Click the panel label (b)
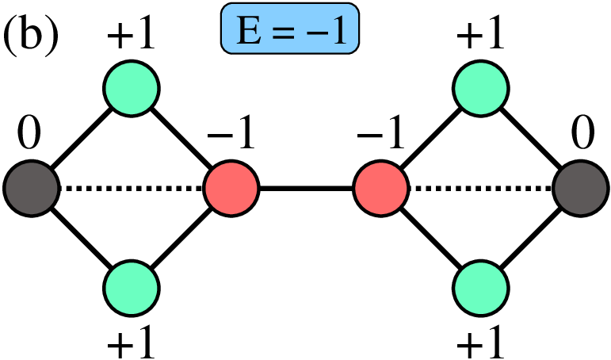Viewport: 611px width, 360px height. [31, 36]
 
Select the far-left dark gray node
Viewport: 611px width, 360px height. [31, 190]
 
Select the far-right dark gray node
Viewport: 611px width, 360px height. [579, 190]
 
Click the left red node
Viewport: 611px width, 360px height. [231, 190]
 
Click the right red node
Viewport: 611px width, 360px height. [380, 190]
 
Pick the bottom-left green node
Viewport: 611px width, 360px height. [132, 289]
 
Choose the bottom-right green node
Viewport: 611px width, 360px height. [479, 289]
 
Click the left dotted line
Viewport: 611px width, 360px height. [131, 190]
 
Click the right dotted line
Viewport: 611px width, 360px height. [479, 190]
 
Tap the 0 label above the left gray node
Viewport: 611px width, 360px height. [29, 138]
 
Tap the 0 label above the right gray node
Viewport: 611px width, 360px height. [581, 138]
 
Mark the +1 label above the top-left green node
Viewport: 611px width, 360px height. [131, 36]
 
